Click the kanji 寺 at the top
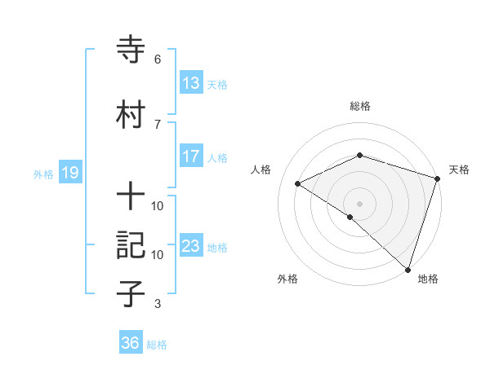tap(131, 51)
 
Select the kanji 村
tap(131, 113)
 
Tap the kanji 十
tap(131, 196)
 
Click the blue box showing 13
tap(191, 83)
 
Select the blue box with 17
tap(191, 156)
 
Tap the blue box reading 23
tap(191, 246)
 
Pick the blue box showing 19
tap(69, 172)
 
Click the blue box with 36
tap(131, 343)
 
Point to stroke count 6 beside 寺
tap(158, 59)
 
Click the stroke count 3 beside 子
tap(158, 304)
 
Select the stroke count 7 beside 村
tap(158, 123)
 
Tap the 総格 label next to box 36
tap(157, 345)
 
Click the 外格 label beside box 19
tap(43, 174)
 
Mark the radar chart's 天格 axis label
tap(460, 169)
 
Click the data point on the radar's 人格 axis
tap(298, 183)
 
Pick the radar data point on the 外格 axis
tap(350, 217)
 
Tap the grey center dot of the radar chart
tap(359, 203)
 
